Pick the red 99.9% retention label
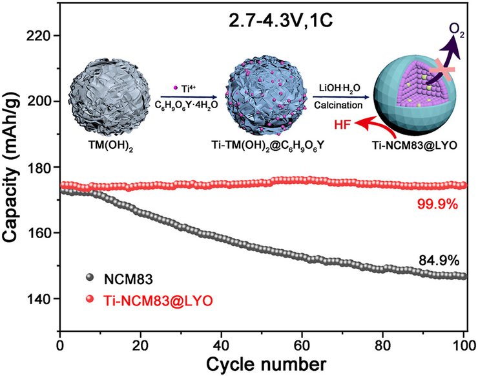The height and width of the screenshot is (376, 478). [x=438, y=205]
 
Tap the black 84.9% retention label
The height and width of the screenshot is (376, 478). [x=438, y=261]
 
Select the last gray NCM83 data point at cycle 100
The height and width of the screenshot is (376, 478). [x=463, y=276]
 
